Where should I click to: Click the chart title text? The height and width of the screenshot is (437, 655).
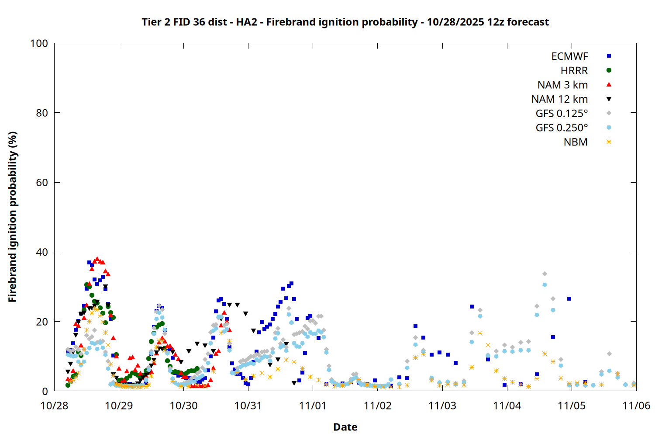345,22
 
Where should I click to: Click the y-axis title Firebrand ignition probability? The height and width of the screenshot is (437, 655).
13,217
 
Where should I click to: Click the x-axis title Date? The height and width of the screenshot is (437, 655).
345,427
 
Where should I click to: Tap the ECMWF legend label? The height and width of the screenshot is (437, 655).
569,56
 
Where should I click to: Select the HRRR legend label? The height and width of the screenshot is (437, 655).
574,71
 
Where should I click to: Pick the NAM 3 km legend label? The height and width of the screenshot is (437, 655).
562,85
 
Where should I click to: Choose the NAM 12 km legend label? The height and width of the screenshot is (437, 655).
559,99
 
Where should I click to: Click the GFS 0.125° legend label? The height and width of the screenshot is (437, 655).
562,114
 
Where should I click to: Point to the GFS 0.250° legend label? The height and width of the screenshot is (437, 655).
562,128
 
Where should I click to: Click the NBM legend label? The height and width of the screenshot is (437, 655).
576,142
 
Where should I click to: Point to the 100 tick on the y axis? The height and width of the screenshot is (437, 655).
39,43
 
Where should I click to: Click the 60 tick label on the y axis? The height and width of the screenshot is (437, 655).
42,183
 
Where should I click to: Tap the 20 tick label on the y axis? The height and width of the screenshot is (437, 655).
42,322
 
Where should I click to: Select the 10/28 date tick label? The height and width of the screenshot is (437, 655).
54,406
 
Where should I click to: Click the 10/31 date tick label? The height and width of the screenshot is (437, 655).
248,406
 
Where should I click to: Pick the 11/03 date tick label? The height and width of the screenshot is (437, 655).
442,406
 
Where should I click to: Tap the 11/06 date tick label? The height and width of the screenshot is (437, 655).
636,406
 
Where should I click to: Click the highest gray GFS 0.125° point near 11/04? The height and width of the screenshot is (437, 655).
545,274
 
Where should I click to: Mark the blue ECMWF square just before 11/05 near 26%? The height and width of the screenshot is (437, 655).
569,299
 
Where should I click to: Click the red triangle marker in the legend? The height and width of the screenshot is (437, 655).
609,85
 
